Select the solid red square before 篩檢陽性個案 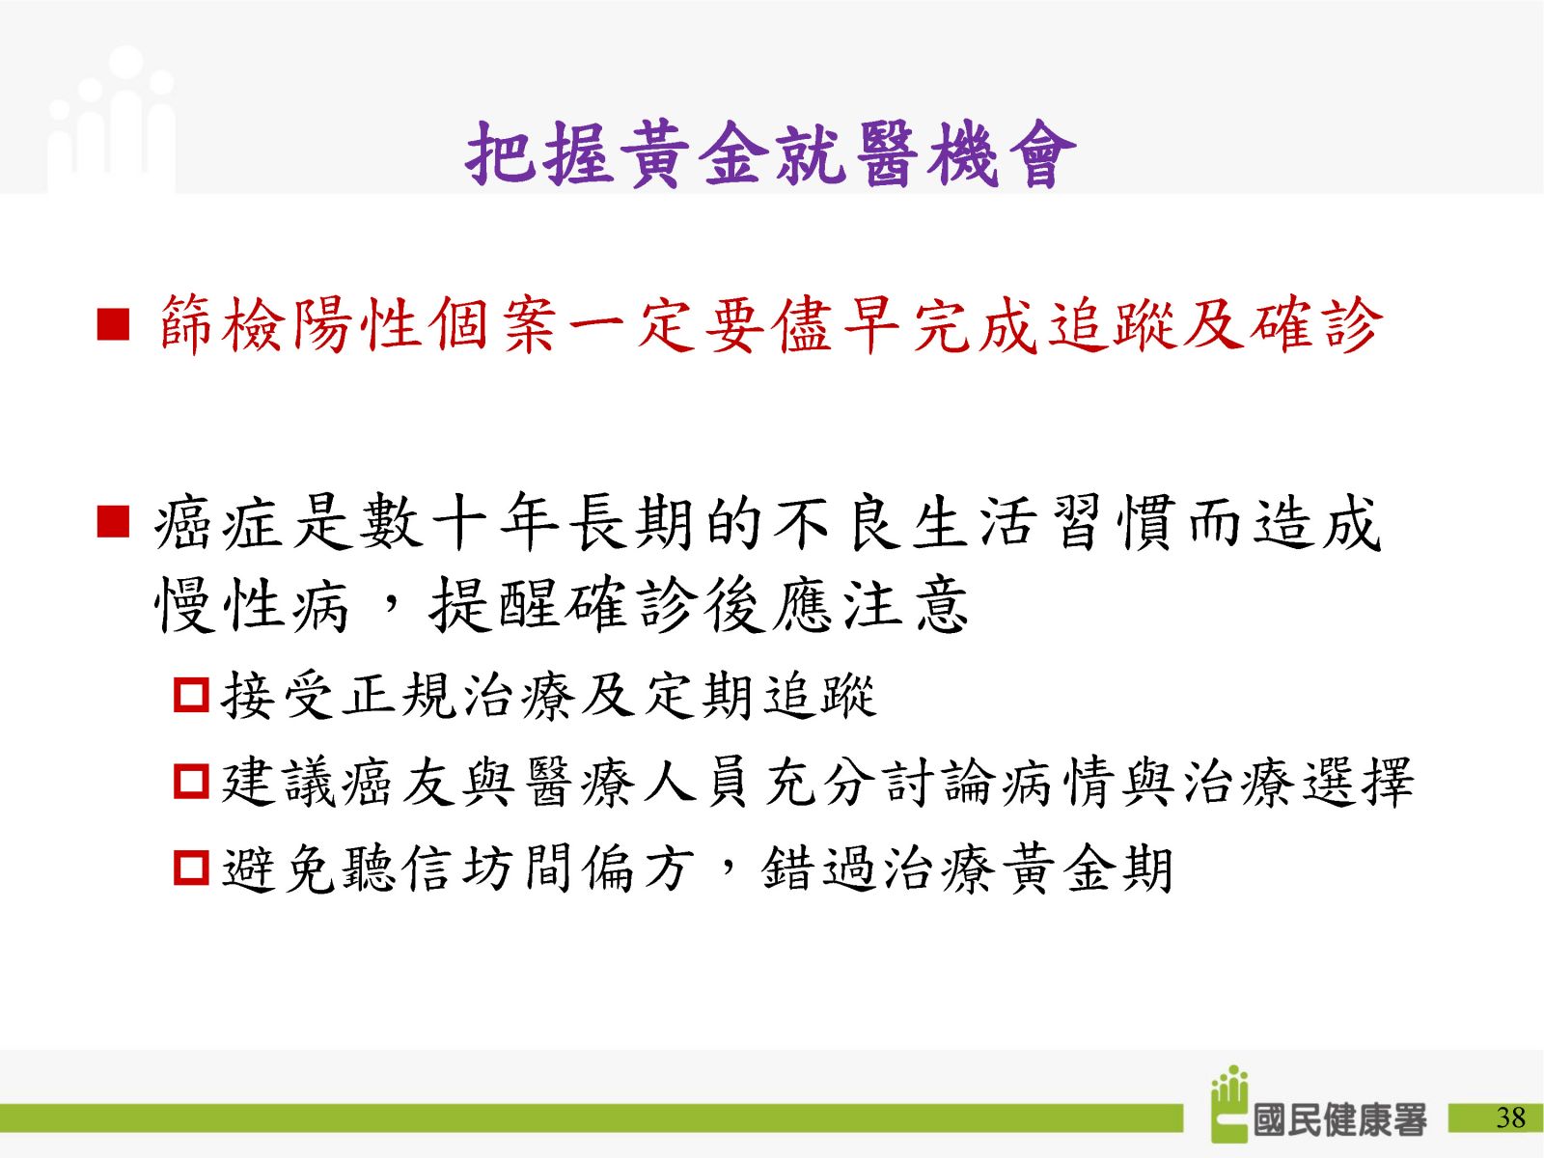click(x=113, y=325)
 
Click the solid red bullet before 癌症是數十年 click(x=113, y=522)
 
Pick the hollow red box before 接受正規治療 click(x=191, y=695)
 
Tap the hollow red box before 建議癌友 click(x=191, y=781)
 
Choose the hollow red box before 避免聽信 click(x=191, y=868)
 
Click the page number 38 click(x=1510, y=1117)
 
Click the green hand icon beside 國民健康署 click(x=1229, y=1103)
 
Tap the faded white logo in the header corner click(x=111, y=120)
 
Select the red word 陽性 click(x=357, y=325)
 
